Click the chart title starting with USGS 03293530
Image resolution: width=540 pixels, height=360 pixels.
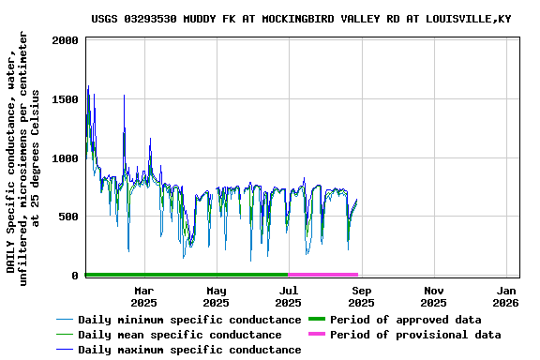click(x=315, y=19)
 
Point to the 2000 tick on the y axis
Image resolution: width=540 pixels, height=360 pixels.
click(x=66, y=41)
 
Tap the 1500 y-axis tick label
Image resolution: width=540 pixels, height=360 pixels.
click(x=66, y=99)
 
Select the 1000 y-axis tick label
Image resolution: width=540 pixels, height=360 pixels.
click(x=66, y=158)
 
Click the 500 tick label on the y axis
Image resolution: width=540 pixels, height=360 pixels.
click(x=69, y=217)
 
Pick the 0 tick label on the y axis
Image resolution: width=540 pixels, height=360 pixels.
click(x=76, y=276)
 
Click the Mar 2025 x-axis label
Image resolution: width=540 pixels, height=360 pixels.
click(x=143, y=296)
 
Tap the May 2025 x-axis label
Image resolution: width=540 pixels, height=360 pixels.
click(x=217, y=296)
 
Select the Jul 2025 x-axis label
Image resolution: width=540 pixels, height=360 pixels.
click(x=288, y=296)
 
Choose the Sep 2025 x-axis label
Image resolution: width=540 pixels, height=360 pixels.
click(x=361, y=296)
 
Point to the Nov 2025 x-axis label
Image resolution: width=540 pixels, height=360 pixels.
click(x=433, y=296)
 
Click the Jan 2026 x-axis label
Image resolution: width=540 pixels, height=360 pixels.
click(x=506, y=296)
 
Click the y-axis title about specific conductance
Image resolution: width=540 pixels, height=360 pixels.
click(x=23, y=157)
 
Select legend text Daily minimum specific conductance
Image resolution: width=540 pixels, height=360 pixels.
click(x=189, y=320)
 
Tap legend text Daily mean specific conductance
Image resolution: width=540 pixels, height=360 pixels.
click(x=179, y=335)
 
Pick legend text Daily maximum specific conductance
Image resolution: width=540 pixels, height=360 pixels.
click(x=189, y=350)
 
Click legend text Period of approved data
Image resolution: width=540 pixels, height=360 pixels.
click(x=406, y=320)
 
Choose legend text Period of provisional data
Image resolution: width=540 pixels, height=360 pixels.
click(x=415, y=335)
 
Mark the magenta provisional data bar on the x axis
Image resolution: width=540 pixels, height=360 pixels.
click(x=323, y=275)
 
